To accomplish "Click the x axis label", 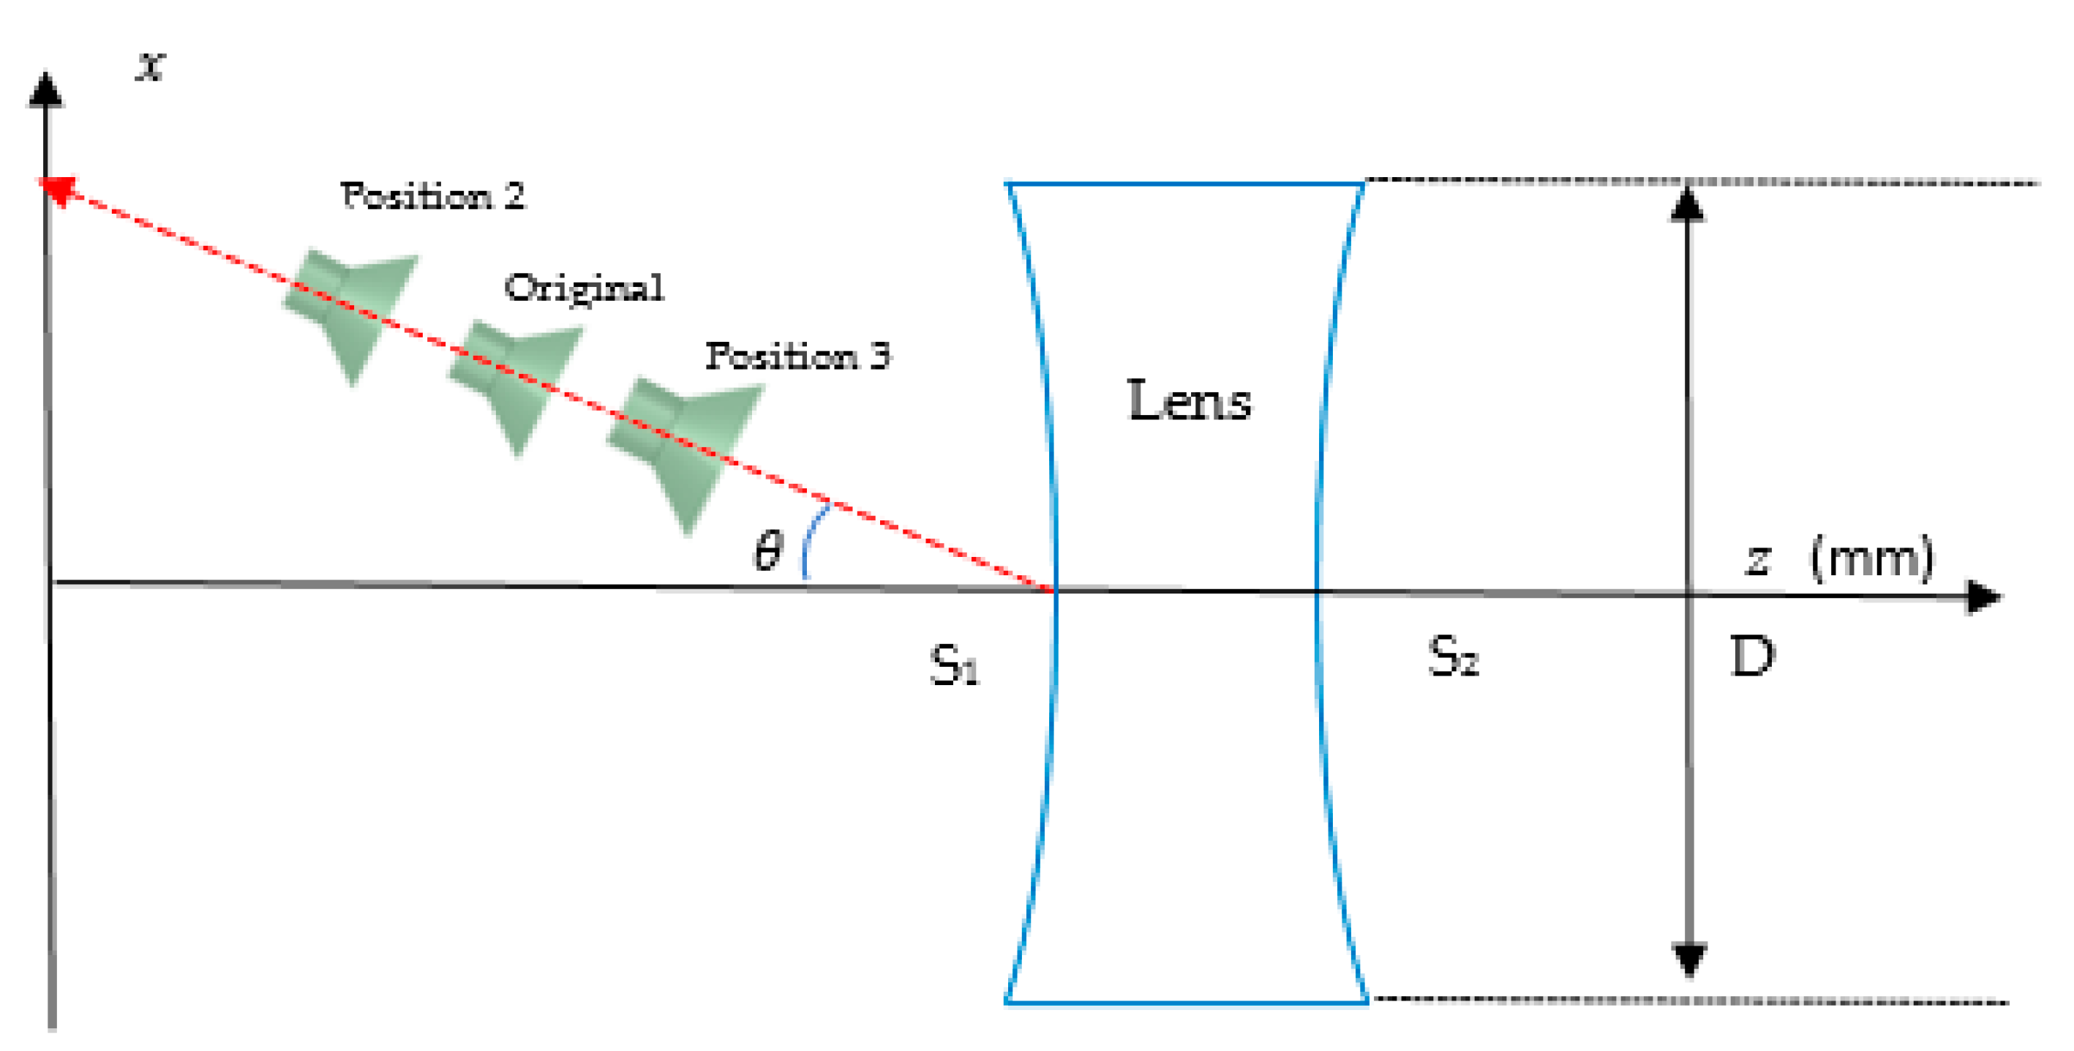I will tap(151, 65).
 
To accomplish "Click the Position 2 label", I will tap(432, 195).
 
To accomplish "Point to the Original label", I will tap(585, 288).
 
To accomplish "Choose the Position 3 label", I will tap(798, 356).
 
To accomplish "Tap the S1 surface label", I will tap(954, 665).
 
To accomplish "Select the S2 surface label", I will tap(1453, 656).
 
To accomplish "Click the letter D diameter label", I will tap(1753, 657).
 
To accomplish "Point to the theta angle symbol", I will tap(767, 552).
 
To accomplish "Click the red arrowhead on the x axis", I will tap(59, 191).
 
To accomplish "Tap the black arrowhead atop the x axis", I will tap(46, 89).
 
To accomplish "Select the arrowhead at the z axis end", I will tap(1983, 597).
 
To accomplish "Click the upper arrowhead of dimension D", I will tap(1688, 203).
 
